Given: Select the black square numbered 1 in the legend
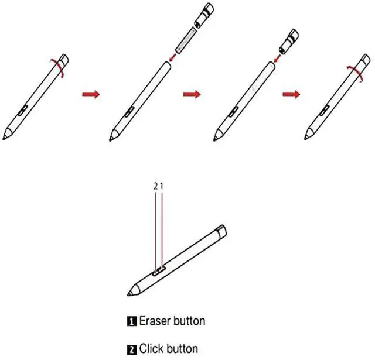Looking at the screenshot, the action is click(x=131, y=321).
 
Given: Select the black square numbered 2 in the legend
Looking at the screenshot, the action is click(x=131, y=350).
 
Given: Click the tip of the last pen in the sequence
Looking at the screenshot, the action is click(x=306, y=138).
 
